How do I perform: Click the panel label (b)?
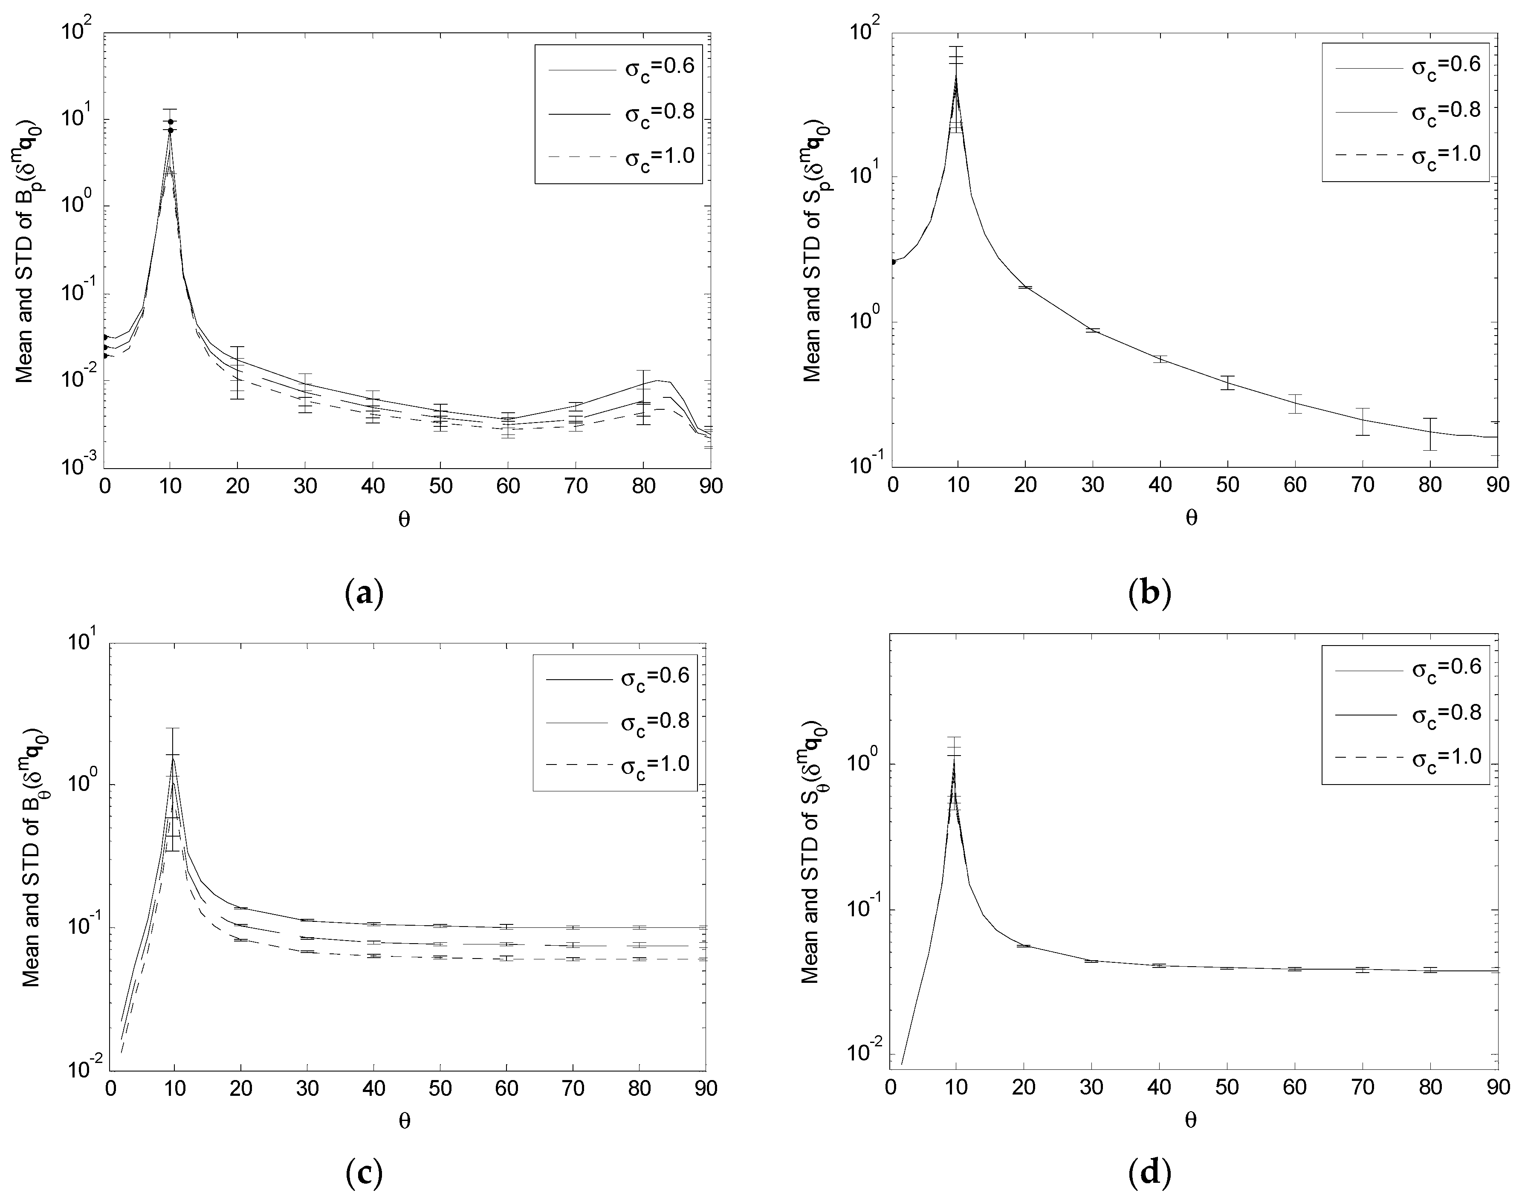tap(1149, 594)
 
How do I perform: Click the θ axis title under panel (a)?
tap(405, 519)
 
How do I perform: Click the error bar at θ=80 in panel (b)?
tap(1430, 434)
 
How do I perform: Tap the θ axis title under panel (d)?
tap(1191, 1121)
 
